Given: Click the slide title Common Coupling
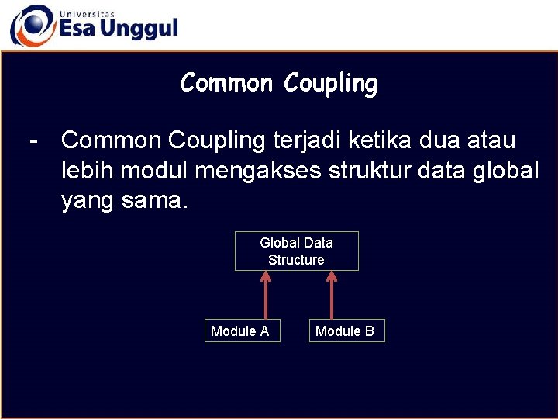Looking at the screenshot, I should (279, 83).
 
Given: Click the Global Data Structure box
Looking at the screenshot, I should (296, 251).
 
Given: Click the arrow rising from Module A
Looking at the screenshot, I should (266, 295).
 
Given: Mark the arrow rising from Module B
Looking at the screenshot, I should (332, 295).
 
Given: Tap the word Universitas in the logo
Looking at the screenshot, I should (86, 14).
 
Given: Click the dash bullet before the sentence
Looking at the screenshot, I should (33, 141).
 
